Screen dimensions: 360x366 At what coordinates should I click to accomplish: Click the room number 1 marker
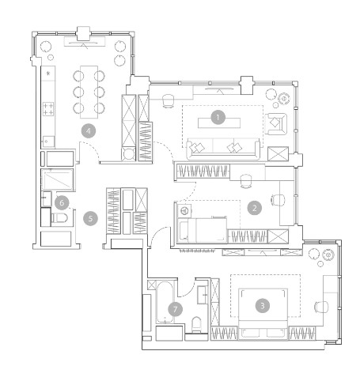218,117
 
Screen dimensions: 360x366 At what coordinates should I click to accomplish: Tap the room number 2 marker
255,208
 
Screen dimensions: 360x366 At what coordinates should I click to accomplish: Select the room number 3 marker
263,306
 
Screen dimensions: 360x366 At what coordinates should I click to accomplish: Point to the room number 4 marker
89,131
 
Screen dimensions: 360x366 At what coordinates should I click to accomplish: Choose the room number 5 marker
90,218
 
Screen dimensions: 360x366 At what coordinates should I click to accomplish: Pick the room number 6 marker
62,202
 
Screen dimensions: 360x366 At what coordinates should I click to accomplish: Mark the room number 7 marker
176,309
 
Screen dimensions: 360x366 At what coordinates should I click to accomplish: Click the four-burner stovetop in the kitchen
48,109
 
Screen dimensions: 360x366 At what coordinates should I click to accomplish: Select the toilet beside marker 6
59,218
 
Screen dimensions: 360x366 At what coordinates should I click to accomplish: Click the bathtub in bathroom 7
165,303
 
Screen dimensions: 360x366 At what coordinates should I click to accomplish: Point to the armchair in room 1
276,123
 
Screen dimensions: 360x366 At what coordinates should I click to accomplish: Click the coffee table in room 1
219,123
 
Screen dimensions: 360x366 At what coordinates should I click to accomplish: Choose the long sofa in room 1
223,149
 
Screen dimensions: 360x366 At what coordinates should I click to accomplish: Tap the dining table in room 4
89,92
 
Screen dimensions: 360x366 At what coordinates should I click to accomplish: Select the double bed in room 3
263,314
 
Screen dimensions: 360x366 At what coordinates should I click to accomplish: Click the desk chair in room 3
321,307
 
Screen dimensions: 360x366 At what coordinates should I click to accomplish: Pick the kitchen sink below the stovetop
48,141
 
